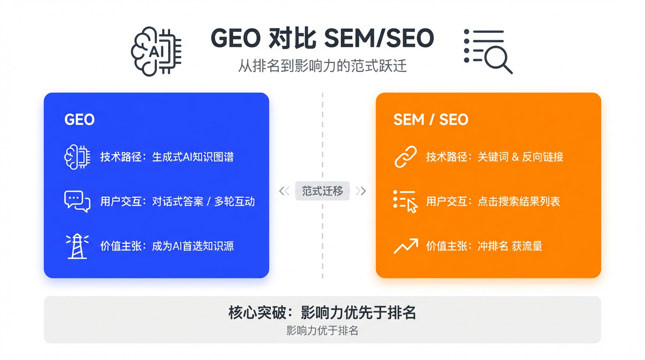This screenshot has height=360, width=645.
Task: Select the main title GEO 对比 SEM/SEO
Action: pyautogui.click(x=322, y=38)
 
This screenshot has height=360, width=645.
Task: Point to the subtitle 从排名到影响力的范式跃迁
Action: pyautogui.click(x=322, y=66)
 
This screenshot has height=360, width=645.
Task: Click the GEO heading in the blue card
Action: pyautogui.click(x=79, y=120)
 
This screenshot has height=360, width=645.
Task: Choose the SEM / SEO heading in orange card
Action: pyautogui.click(x=431, y=120)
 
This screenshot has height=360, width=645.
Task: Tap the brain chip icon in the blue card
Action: pyautogui.click(x=77, y=157)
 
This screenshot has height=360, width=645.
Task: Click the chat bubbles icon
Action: pyautogui.click(x=77, y=202)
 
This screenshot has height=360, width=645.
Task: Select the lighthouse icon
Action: pyautogui.click(x=77, y=246)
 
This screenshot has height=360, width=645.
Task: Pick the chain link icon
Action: pyautogui.click(x=405, y=157)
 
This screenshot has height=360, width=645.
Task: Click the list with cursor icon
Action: pyautogui.click(x=405, y=202)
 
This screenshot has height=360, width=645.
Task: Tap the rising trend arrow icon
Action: pyautogui.click(x=405, y=246)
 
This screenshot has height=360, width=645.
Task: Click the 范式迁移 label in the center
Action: pyautogui.click(x=322, y=191)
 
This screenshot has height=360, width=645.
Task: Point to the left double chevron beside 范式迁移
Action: pyautogui.click(x=284, y=191)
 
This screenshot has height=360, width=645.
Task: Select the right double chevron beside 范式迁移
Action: pyautogui.click(x=360, y=191)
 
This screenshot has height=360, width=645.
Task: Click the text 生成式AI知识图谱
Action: pyautogui.click(x=193, y=157)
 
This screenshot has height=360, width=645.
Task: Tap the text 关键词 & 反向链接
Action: pyautogui.click(x=520, y=157)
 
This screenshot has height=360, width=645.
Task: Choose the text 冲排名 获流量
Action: pyautogui.click(x=510, y=246)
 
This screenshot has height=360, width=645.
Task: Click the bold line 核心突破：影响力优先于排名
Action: pyautogui.click(x=322, y=313)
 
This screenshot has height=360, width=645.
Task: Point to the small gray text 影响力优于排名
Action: pyautogui.click(x=322, y=331)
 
